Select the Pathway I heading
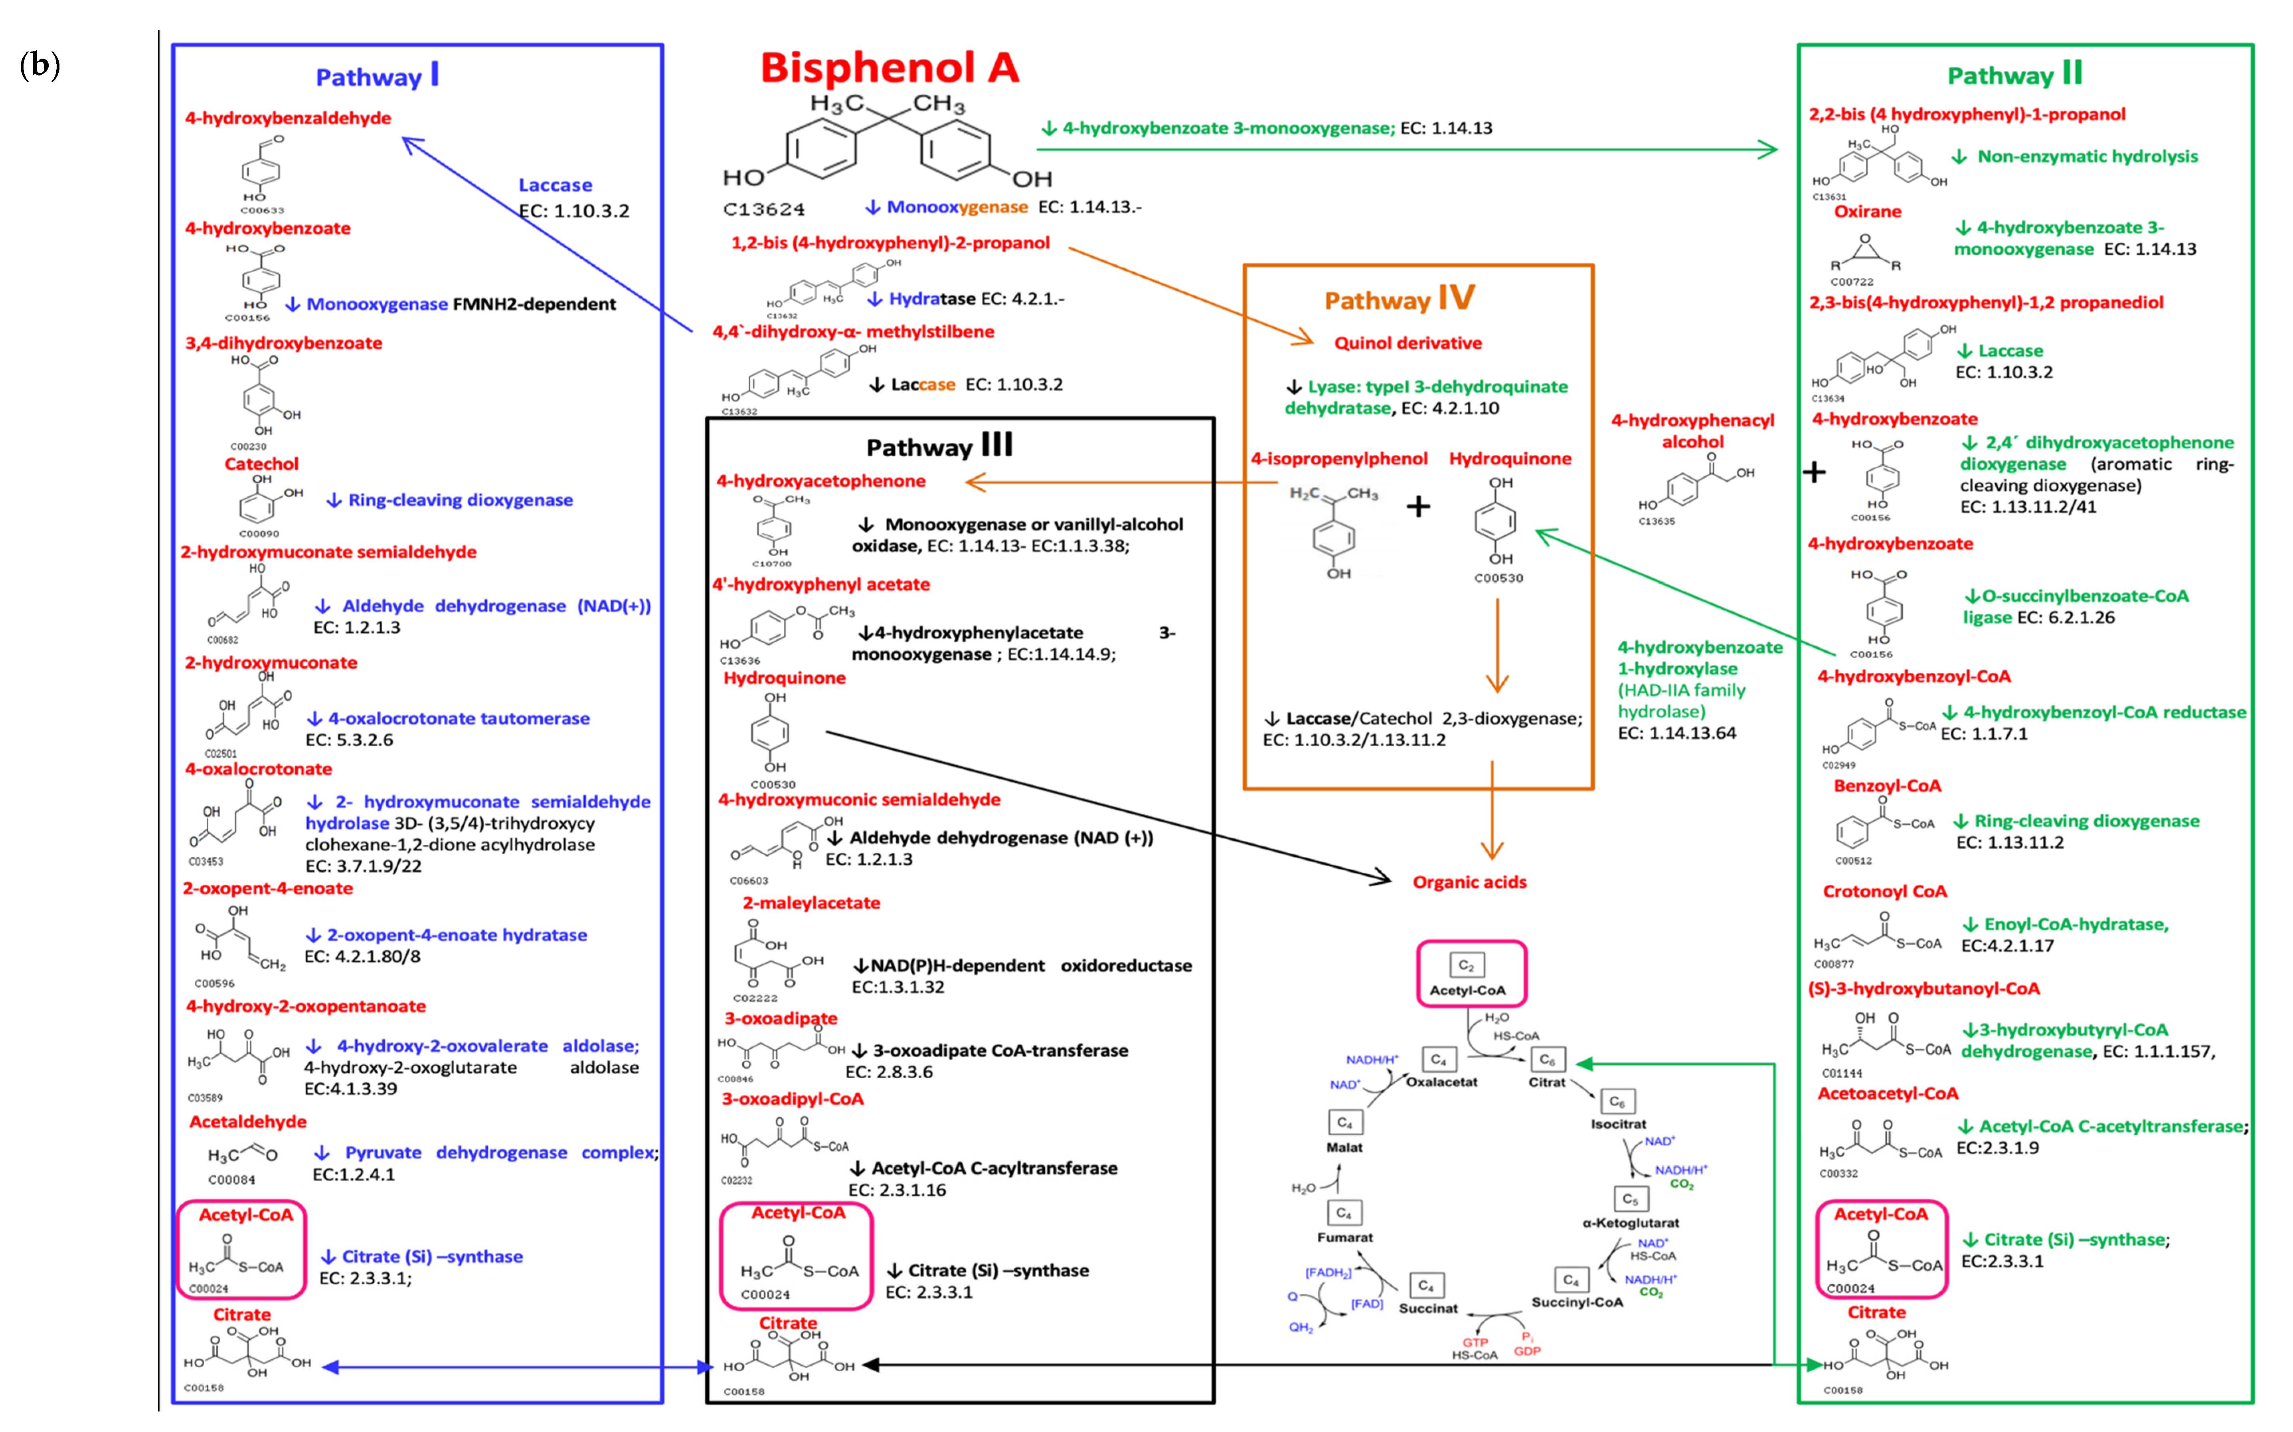point(377,76)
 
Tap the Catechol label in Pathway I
point(261,464)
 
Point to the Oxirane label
point(1867,211)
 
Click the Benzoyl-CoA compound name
point(1887,786)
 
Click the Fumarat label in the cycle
point(1344,1237)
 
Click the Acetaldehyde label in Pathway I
point(248,1121)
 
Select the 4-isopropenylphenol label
point(1339,458)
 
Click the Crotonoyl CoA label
point(1884,891)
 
